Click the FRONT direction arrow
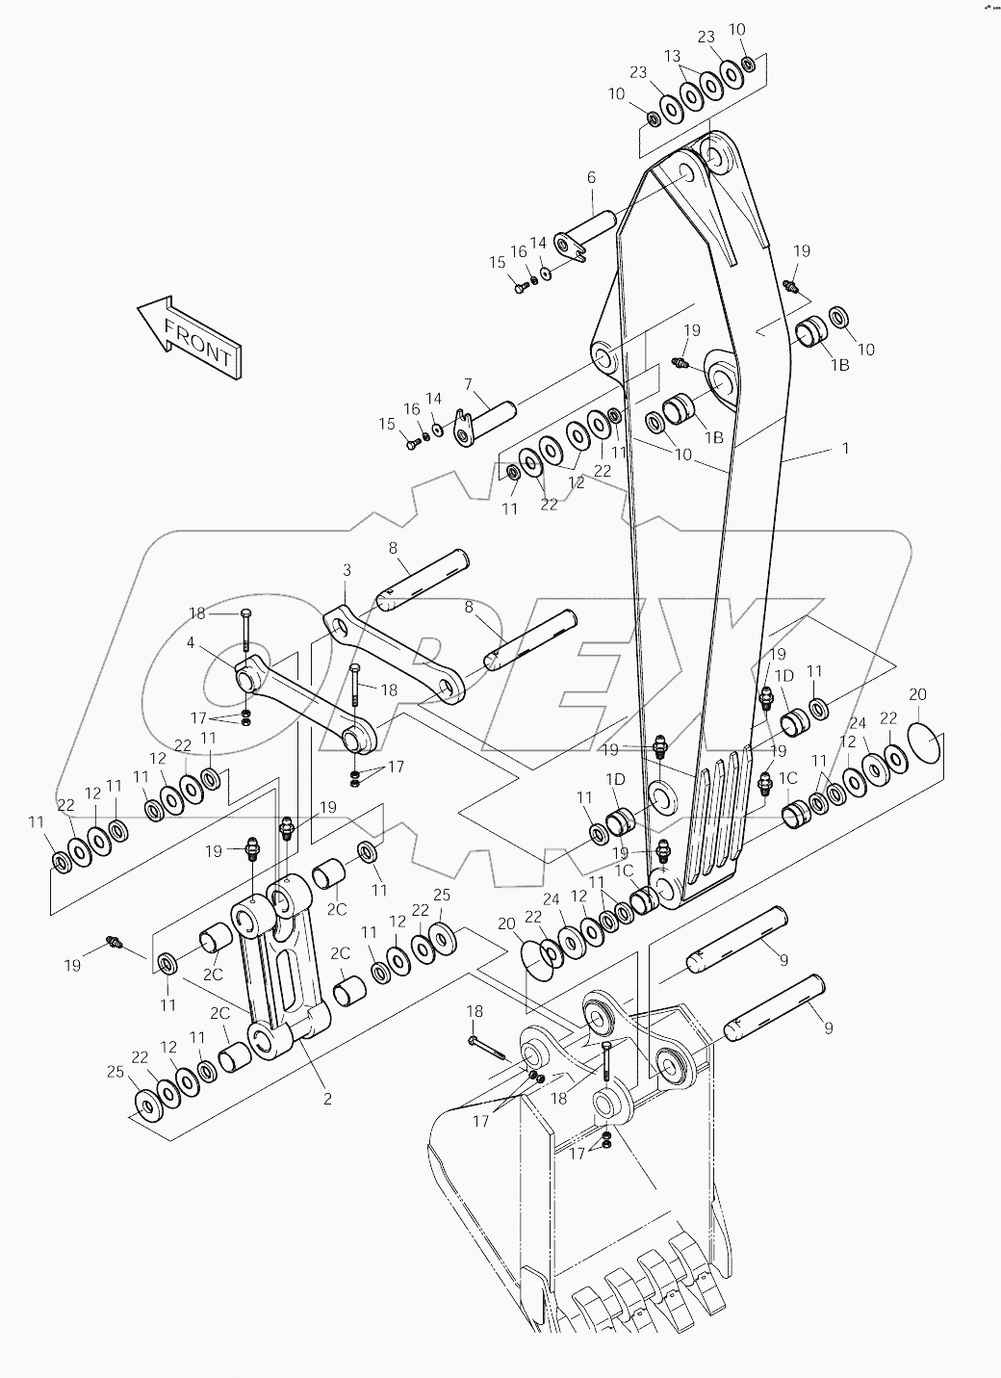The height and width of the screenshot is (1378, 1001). point(190,336)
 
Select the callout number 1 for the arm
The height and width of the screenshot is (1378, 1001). point(845,449)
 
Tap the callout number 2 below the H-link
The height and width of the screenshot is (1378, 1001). point(327,1098)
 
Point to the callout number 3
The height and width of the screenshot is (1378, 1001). point(346,571)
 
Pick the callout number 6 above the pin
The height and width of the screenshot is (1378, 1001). point(591,177)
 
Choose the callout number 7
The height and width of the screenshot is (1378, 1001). point(468,384)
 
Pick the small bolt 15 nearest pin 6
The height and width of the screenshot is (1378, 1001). point(520,286)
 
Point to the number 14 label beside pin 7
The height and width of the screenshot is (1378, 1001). point(434,399)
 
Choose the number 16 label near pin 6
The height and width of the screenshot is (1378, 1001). point(519,251)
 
